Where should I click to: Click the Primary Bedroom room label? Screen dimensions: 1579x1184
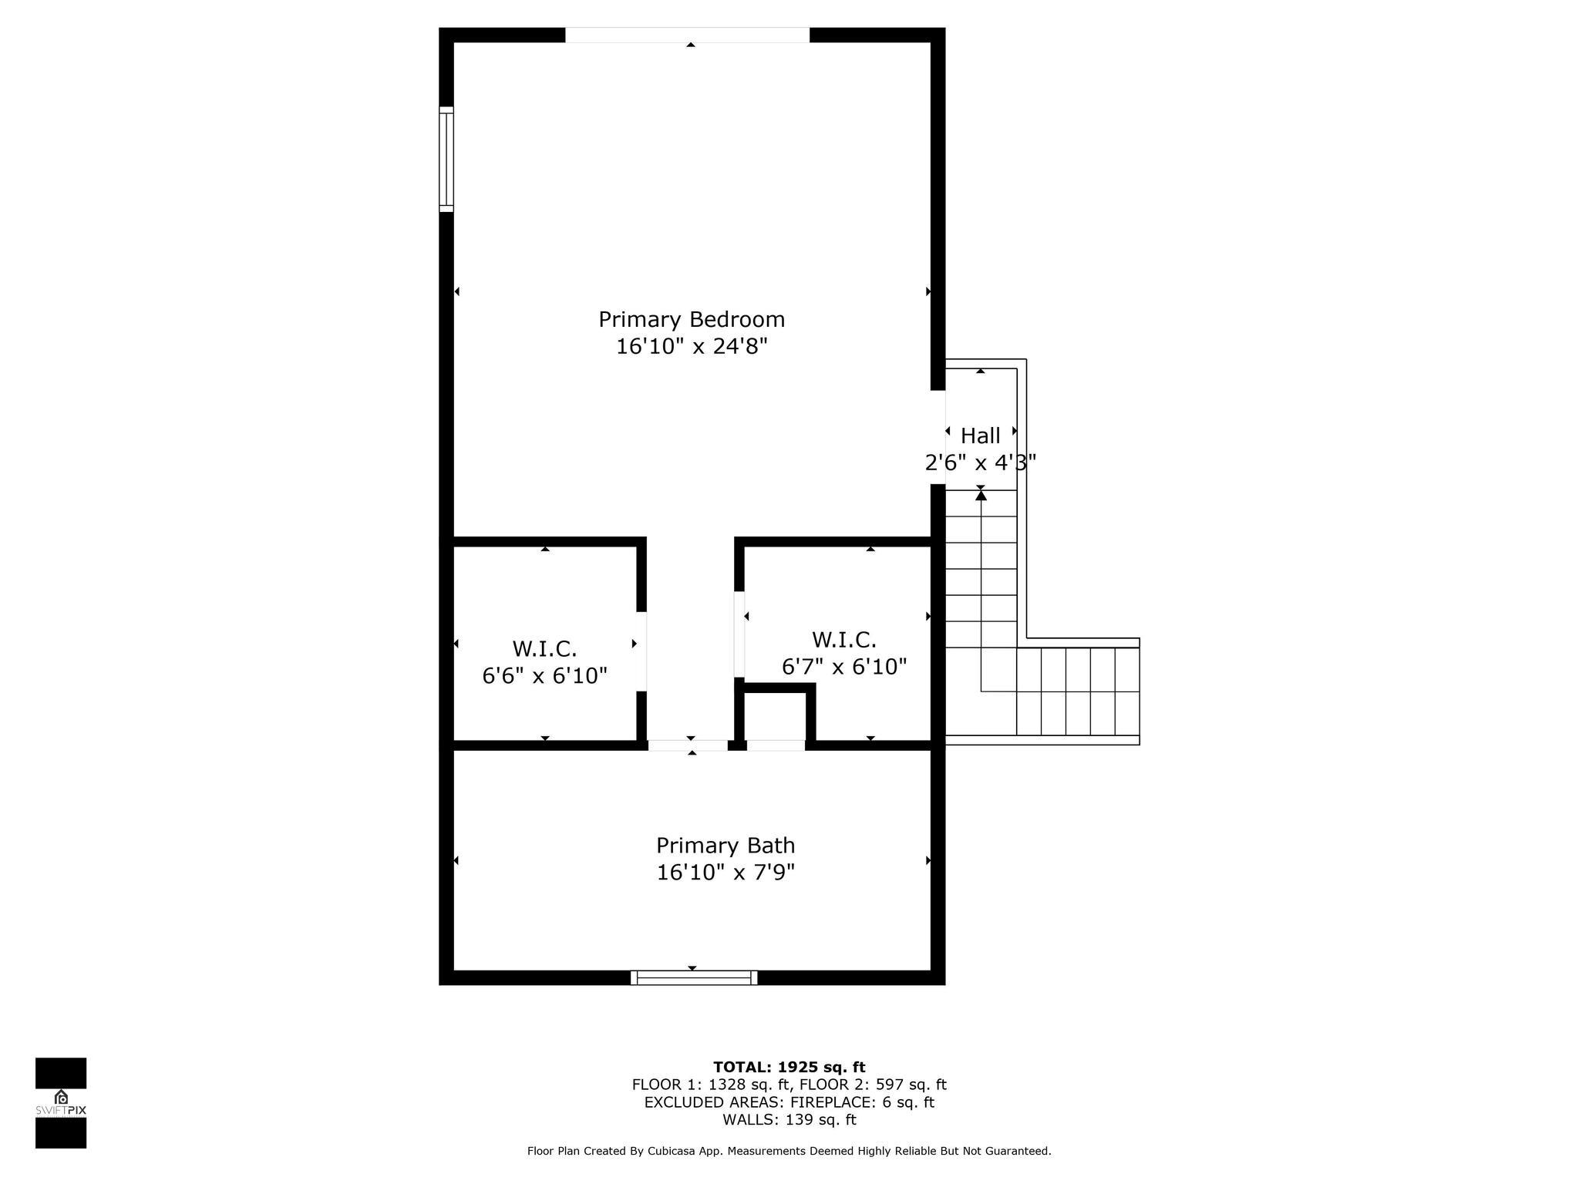pyautogui.click(x=692, y=319)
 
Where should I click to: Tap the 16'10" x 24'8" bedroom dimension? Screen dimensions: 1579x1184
pyautogui.click(x=692, y=346)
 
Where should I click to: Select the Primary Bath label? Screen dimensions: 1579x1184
pyautogui.click(x=726, y=846)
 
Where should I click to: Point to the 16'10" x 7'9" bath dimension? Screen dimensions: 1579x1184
pyautogui.click(x=726, y=873)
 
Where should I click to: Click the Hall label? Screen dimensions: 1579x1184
pyautogui.click(x=980, y=436)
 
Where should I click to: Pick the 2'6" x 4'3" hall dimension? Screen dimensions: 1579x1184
pyautogui.click(x=980, y=462)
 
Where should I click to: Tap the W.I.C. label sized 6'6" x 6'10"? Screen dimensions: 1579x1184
pyautogui.click(x=544, y=648)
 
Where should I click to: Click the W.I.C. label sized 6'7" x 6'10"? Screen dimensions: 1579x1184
pyautogui.click(x=843, y=640)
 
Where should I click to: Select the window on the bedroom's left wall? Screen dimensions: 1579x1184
pyautogui.click(x=446, y=159)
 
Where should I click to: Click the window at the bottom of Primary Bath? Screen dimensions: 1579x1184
pyautogui.click(x=694, y=977)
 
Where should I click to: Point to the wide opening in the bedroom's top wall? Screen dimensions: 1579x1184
pyautogui.click(x=688, y=35)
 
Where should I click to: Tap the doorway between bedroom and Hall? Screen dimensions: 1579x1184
pyautogui.click(x=938, y=437)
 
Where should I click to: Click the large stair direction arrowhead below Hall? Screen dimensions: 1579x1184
pyautogui.click(x=981, y=495)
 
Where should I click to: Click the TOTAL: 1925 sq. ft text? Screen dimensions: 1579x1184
pyautogui.click(x=789, y=1068)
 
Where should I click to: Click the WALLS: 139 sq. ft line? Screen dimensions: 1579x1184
pyautogui.click(x=789, y=1120)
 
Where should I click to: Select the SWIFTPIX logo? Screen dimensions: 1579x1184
pyautogui.click(x=61, y=1103)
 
